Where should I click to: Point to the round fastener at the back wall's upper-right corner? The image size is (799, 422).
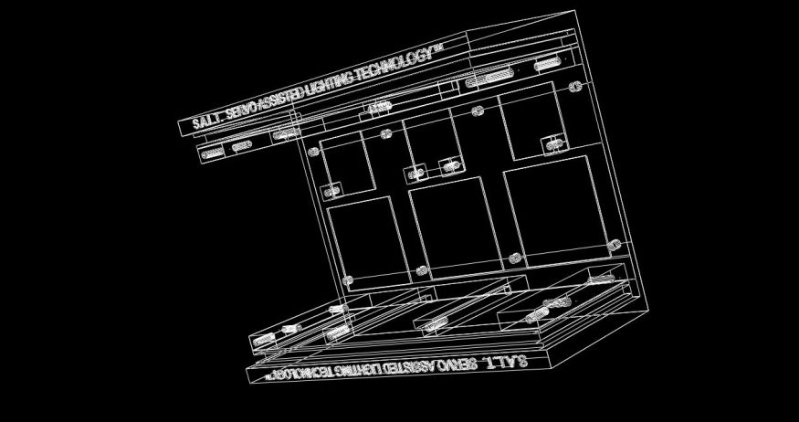pyautogui.click(x=575, y=87)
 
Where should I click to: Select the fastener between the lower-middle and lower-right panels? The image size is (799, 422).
pyautogui.click(x=515, y=258)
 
